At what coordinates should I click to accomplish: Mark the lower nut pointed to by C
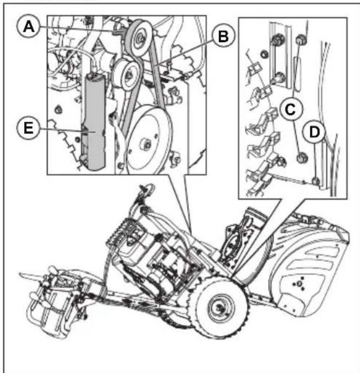point(300,159)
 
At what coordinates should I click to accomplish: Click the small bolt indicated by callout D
point(316,180)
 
